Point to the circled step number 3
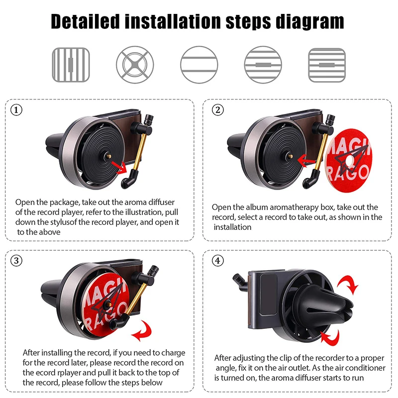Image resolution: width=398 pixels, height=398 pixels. (x=17, y=261)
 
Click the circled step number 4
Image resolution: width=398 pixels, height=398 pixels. (x=216, y=261)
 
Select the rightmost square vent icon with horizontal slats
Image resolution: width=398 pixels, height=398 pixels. (x=327, y=65)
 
